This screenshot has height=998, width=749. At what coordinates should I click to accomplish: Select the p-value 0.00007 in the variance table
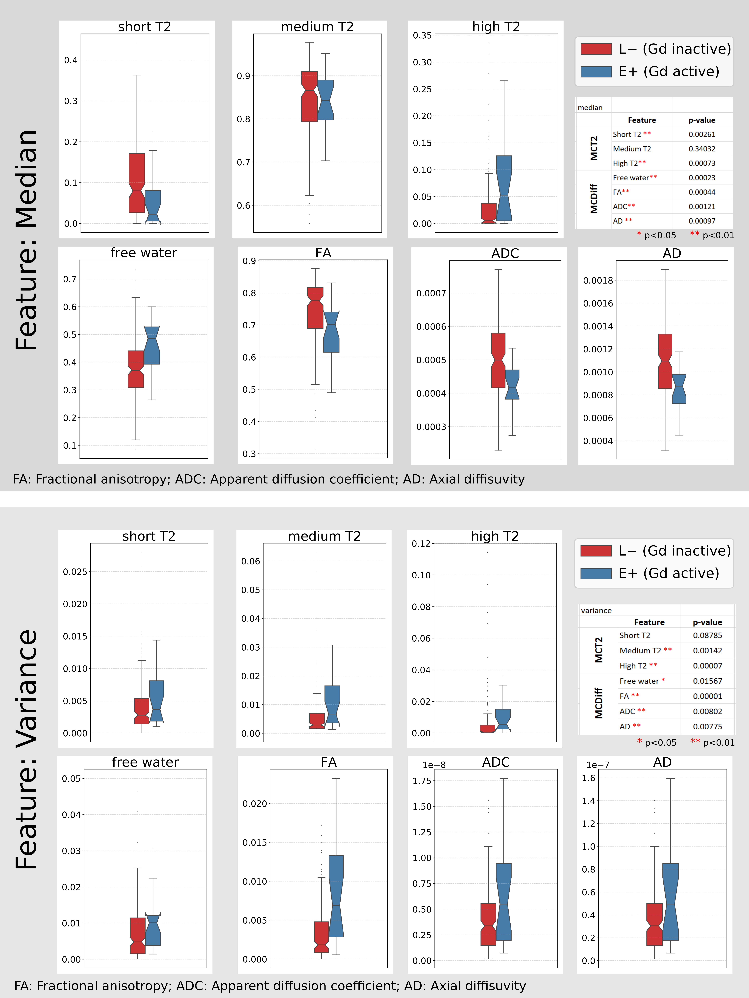pos(707,665)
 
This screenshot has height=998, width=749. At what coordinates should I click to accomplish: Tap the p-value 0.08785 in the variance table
pos(707,635)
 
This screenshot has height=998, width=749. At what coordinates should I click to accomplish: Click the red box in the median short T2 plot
pos(137,183)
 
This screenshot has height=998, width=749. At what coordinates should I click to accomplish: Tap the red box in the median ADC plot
pos(498,360)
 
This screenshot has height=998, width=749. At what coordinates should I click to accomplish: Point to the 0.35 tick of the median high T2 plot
pos(422,35)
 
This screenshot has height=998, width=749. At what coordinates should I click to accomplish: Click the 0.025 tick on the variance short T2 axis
pos(75,572)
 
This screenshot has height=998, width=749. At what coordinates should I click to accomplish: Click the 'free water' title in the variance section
pos(145,762)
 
